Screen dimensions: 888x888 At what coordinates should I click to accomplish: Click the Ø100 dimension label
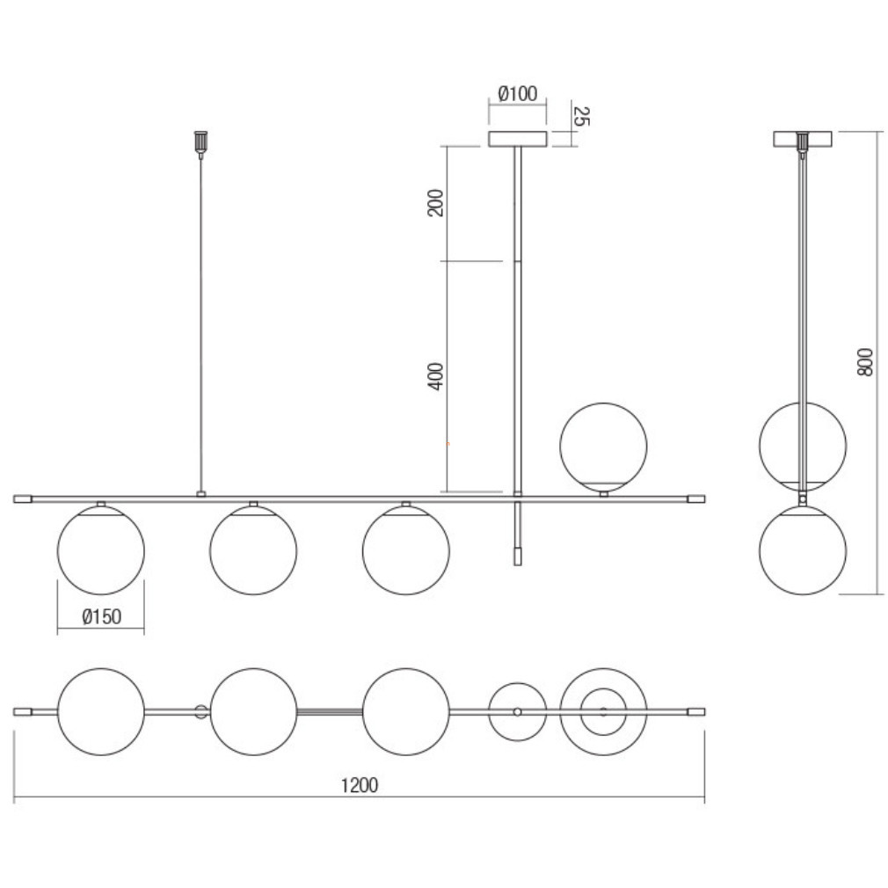(518, 93)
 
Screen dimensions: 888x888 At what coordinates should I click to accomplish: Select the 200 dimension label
(435, 203)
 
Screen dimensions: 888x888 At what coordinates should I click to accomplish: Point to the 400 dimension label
(435, 376)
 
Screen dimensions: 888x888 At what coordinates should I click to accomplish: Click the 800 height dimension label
(865, 362)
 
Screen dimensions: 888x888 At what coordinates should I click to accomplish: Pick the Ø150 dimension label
(102, 616)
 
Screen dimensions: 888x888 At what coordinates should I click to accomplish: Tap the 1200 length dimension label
(359, 785)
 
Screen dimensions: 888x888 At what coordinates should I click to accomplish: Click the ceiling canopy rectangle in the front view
(518, 139)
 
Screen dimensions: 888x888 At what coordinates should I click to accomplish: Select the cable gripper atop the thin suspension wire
(200, 144)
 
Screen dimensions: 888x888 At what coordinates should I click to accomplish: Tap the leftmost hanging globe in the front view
(101, 550)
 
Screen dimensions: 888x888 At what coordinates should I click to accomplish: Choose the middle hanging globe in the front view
(253, 550)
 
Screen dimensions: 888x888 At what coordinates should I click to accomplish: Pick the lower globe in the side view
(803, 550)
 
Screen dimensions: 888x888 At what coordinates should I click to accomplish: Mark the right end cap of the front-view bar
(696, 499)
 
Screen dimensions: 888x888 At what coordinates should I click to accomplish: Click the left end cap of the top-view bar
(23, 712)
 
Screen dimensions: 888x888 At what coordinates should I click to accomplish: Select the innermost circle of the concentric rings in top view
(603, 712)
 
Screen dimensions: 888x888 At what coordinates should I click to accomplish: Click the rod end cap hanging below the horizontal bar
(517, 557)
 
